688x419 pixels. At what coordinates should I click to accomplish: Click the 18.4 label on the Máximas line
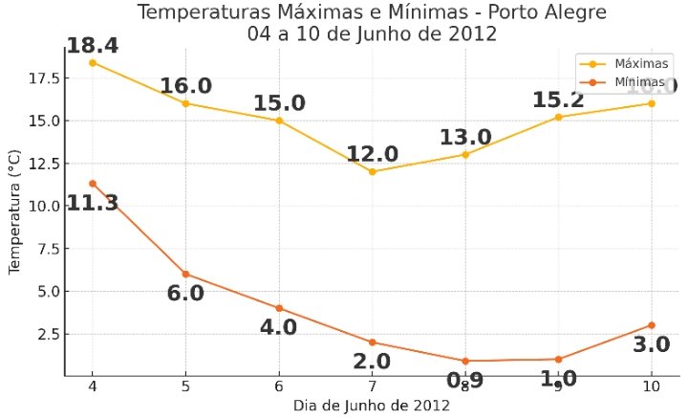[92, 45]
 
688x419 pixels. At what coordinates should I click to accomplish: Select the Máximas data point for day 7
[372, 172]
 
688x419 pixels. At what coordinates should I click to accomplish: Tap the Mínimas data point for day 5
[185, 274]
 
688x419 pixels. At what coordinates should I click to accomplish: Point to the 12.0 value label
[372, 154]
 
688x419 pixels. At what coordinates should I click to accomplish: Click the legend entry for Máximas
[625, 63]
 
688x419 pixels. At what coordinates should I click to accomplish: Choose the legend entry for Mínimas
[625, 82]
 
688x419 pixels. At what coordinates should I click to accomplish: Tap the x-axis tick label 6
[279, 386]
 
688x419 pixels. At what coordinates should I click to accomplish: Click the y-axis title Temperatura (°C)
[14, 211]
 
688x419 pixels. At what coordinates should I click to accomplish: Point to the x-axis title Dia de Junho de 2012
[372, 405]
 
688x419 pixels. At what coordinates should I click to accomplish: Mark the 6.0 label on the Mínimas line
[185, 293]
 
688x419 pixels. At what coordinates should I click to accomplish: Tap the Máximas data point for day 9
[558, 117]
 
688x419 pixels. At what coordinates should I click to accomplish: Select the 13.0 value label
[465, 137]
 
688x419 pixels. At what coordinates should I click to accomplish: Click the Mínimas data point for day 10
[652, 325]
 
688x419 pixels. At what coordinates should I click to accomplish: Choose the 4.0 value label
[279, 327]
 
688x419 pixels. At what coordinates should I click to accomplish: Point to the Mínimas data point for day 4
[92, 183]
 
